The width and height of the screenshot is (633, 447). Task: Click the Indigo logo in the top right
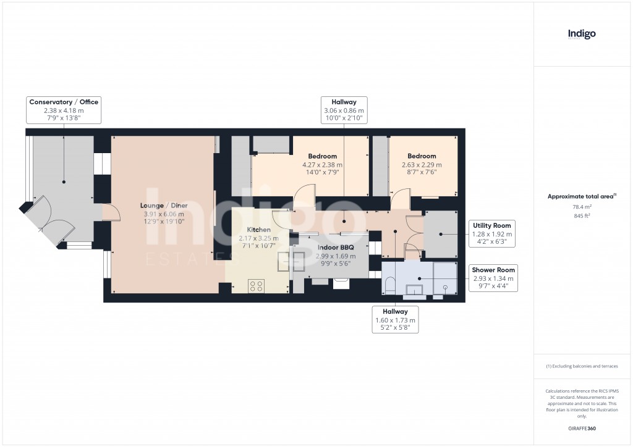pyautogui.click(x=582, y=35)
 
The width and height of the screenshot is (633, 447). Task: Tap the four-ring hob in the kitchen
pyautogui.click(x=256, y=285)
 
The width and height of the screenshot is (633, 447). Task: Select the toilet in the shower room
pyautogui.click(x=390, y=285)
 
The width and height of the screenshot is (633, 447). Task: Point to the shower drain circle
pyautogui.click(x=445, y=288)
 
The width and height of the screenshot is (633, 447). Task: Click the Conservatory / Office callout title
pyautogui.click(x=64, y=102)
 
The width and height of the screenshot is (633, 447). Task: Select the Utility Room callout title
pyautogui.click(x=492, y=226)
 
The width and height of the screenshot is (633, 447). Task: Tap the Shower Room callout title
pyautogui.click(x=493, y=270)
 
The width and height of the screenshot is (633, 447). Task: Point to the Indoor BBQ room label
pyautogui.click(x=335, y=247)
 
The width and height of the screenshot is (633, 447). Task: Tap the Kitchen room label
pyautogui.click(x=258, y=230)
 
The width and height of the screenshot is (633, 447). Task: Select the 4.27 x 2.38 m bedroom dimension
pyautogui.click(x=322, y=165)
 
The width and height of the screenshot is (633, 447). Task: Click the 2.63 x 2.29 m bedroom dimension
pyautogui.click(x=421, y=165)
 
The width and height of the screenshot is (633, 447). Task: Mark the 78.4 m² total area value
pyautogui.click(x=582, y=207)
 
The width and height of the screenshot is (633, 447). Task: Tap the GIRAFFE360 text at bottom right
pyautogui.click(x=582, y=428)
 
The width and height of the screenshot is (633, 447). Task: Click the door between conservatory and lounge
pyautogui.click(x=110, y=213)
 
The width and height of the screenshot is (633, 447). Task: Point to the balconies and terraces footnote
pyautogui.click(x=582, y=366)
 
